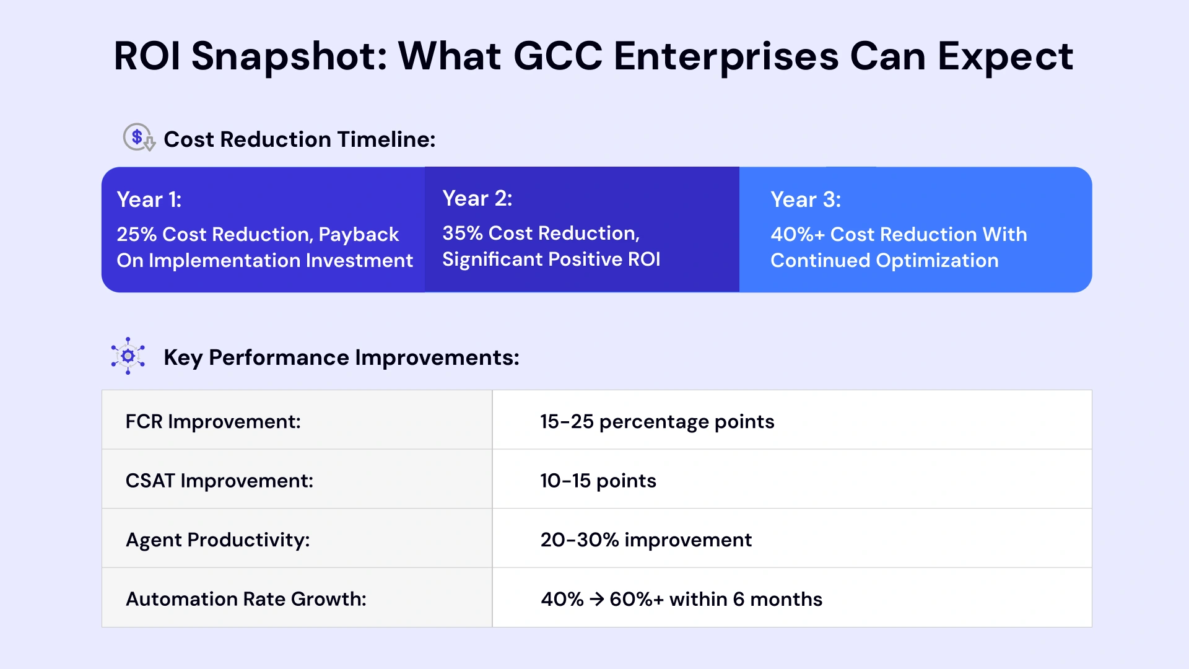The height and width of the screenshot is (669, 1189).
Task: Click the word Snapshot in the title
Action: click(289, 57)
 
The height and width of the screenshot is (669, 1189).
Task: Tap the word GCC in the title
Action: click(557, 57)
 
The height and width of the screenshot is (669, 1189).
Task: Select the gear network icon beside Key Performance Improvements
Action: click(128, 356)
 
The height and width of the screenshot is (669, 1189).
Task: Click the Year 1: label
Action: click(149, 199)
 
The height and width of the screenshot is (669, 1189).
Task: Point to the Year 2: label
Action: click(477, 198)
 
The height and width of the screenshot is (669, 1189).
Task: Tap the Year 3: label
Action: click(806, 199)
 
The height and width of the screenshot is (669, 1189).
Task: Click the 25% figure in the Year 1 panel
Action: click(136, 234)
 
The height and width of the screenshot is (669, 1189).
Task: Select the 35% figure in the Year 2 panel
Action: click(462, 233)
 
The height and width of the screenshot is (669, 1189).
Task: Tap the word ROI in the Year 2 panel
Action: click(644, 259)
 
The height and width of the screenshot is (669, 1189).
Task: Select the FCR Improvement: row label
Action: click(213, 421)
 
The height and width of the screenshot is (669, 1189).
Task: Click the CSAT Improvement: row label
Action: click(219, 481)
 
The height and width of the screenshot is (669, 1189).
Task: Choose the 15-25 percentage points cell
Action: click(657, 421)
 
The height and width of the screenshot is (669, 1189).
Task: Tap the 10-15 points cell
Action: click(598, 481)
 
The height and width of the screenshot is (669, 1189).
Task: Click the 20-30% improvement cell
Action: click(646, 540)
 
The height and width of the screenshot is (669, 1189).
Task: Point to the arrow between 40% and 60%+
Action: click(596, 599)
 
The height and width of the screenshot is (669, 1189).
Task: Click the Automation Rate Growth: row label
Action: click(246, 599)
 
